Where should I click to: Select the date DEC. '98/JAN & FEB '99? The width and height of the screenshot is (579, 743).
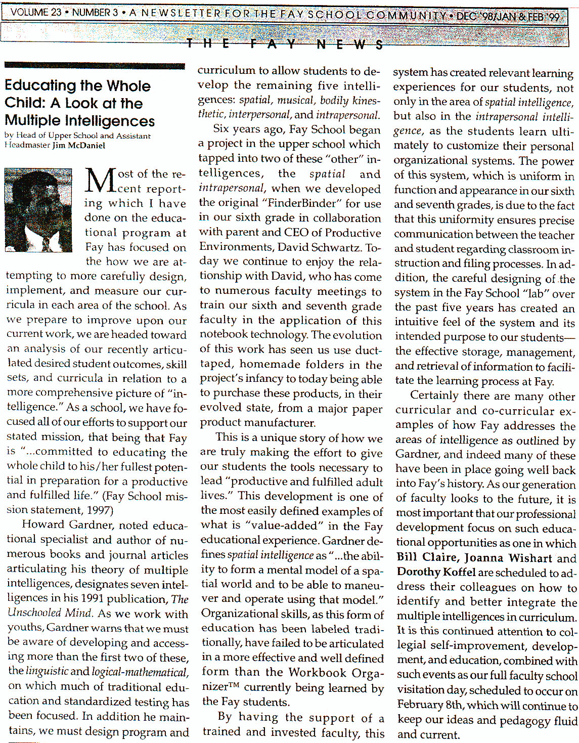pos(508,16)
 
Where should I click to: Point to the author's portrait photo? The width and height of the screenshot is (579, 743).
pos(38,210)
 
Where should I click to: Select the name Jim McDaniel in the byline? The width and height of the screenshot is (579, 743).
pos(78,145)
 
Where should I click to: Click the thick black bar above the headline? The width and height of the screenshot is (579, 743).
pos(94,66)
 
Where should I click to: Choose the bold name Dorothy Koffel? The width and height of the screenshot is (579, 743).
pos(436,573)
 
